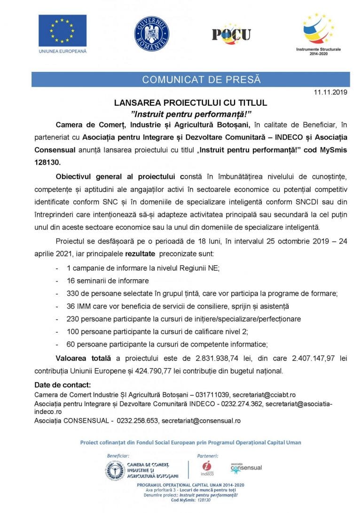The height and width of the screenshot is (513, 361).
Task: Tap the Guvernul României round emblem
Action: coord(152,34)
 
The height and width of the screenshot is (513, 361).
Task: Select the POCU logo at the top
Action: coord(231,34)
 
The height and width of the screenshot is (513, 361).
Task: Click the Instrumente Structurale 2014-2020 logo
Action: coord(318,33)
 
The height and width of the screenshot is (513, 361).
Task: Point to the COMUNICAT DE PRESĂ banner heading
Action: coord(202,79)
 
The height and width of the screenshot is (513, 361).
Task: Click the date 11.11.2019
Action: coord(330,93)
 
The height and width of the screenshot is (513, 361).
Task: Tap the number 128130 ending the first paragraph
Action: coord(47,161)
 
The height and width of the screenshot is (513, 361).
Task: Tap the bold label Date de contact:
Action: coord(63,385)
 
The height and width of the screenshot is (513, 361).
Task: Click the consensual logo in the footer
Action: coord(246,467)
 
